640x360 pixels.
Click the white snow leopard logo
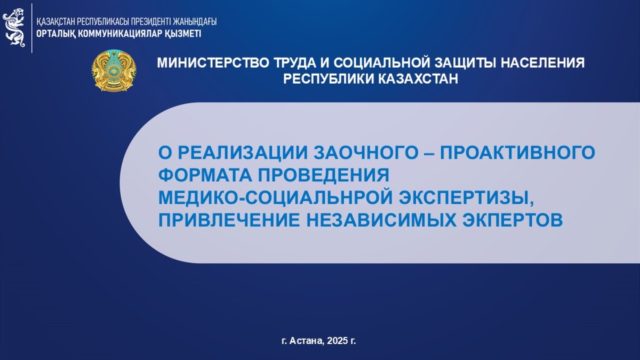(x=14, y=27)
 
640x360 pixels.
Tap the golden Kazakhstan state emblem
(x=114, y=70)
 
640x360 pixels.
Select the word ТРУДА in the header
(x=294, y=63)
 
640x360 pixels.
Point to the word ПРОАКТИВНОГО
(x=517, y=153)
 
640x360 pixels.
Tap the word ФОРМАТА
(x=205, y=175)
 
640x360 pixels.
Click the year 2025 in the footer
(x=337, y=341)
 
